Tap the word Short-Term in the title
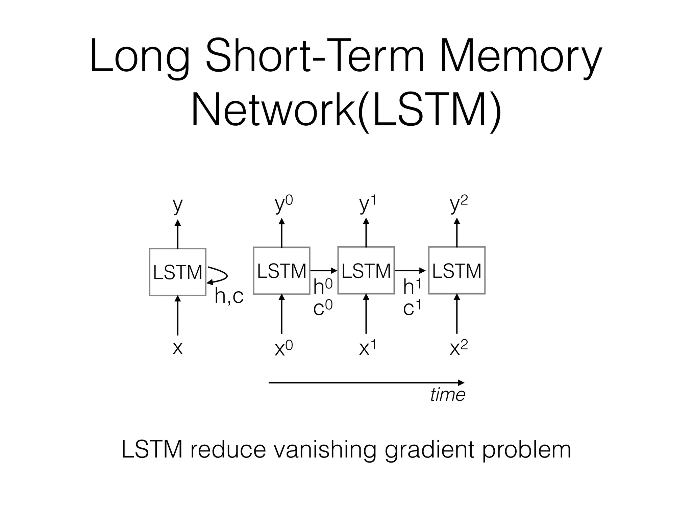314,56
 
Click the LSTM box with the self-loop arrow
177,272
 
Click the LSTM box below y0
281,271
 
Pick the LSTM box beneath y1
366,271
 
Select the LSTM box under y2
457,271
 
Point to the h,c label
229,296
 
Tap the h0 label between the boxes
323,287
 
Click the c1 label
413,308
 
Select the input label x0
283,348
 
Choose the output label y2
459,205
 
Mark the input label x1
367,348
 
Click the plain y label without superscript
177,205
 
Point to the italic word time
448,395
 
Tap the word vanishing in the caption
324,450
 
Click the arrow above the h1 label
410,271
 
